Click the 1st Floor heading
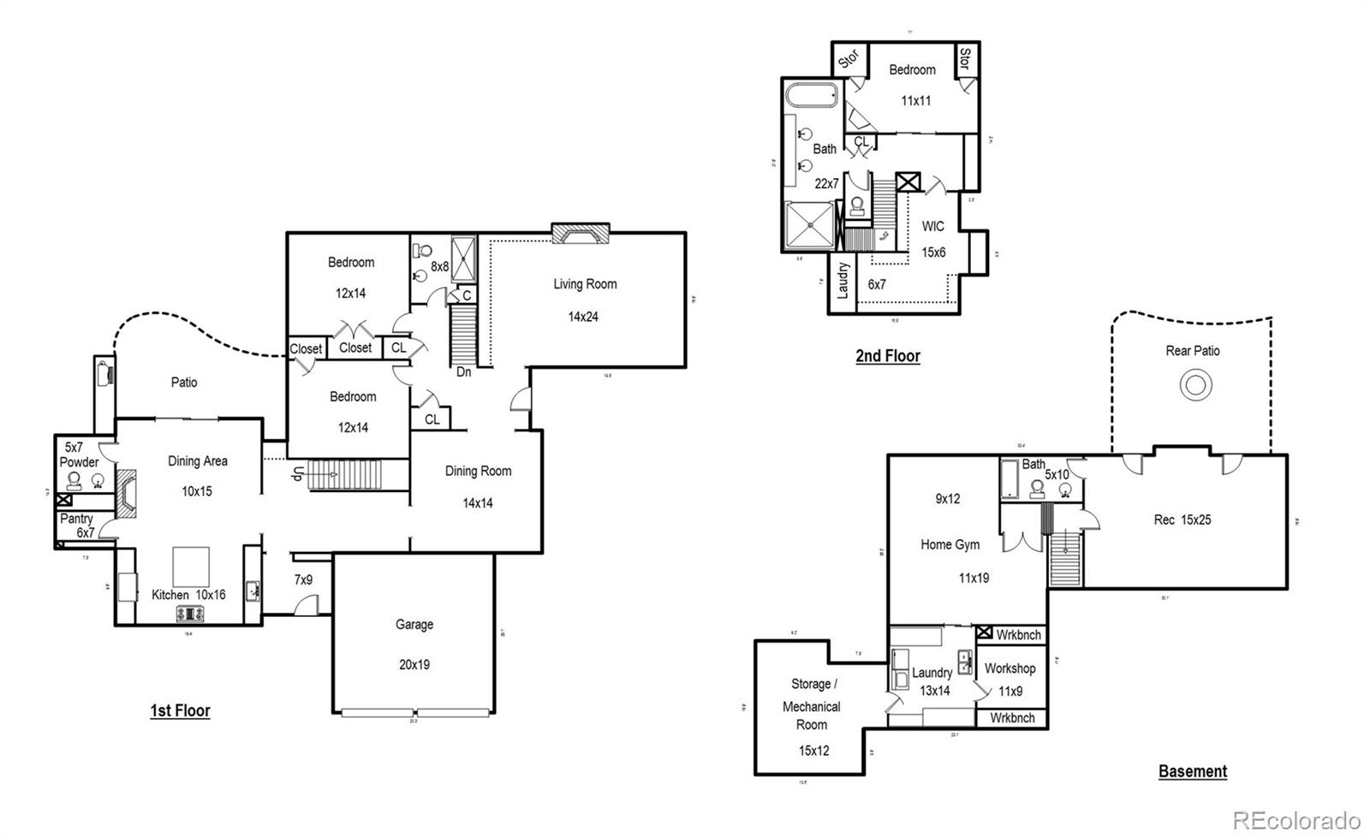pyautogui.click(x=180, y=710)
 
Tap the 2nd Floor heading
pyautogui.click(x=888, y=356)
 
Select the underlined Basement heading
pyautogui.click(x=1192, y=771)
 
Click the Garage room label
pyautogui.click(x=414, y=625)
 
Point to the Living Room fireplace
pyautogui.click(x=580, y=233)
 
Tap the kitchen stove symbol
pyautogui.click(x=188, y=613)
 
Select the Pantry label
pyautogui.click(x=76, y=519)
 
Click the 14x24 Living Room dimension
pyautogui.click(x=583, y=317)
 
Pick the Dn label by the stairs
pyautogui.click(x=463, y=372)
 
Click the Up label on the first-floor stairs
pyautogui.click(x=297, y=474)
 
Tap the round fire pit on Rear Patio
pyautogui.click(x=1195, y=385)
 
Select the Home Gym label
pyautogui.click(x=950, y=544)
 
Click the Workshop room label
pyautogui.click(x=1010, y=668)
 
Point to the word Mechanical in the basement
pyautogui.click(x=811, y=707)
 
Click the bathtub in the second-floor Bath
pyautogui.click(x=812, y=95)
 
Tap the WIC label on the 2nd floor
pyautogui.click(x=932, y=227)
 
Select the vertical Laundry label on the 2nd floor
pyautogui.click(x=843, y=280)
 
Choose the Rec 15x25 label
pyautogui.click(x=1182, y=519)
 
